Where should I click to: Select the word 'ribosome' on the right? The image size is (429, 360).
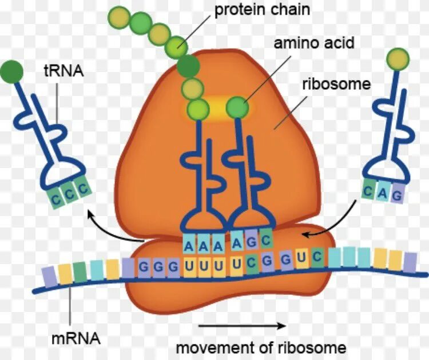(336, 85)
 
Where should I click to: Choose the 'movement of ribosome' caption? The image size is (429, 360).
(260, 347)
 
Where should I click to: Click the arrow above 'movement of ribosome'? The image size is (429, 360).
(241, 326)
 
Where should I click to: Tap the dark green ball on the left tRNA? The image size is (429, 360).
(12, 71)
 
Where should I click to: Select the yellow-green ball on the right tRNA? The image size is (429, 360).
(398, 58)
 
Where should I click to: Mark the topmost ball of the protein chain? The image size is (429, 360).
(119, 15)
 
